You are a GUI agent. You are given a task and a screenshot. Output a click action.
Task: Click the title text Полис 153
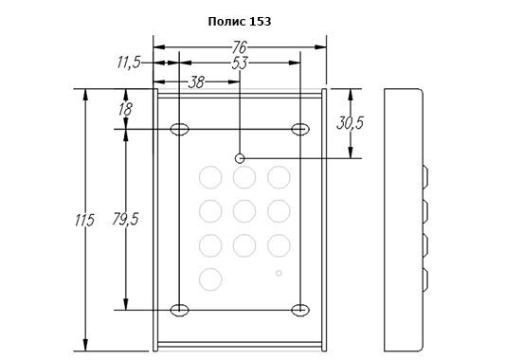240,22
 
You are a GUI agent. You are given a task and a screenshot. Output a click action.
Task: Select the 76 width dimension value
240,47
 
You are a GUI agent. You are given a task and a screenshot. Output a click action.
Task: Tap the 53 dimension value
240,63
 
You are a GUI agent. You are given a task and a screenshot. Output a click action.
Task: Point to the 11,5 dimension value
129,63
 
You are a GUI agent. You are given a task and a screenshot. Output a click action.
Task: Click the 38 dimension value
196,82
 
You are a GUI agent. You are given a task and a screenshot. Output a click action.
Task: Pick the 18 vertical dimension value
125,109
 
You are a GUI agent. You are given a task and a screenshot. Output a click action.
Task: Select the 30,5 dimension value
350,123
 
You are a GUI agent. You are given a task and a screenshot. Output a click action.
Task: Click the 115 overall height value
84,220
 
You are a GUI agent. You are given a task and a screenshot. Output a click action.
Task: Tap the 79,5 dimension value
126,219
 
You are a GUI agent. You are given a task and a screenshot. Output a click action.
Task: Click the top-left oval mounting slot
179,129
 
